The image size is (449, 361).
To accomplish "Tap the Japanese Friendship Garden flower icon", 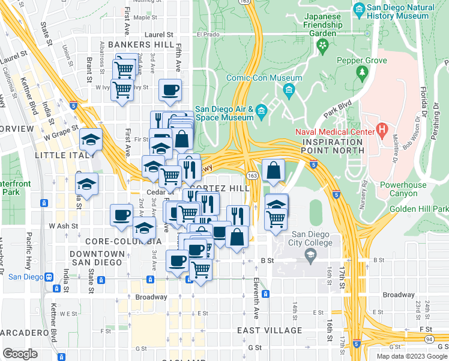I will pos(323,45).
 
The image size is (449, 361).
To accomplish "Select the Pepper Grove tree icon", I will pos(361,73).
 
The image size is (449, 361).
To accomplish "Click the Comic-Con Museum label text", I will pos(264,78).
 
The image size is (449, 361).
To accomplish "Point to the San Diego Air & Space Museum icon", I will pos(261,111).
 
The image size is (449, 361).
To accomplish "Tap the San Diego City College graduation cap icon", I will pos(310,258).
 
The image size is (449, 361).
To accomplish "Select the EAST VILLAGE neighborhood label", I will pos(270,330).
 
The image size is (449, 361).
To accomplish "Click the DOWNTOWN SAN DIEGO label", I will pos(97,258).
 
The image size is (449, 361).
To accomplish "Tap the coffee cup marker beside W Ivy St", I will pos(169,90).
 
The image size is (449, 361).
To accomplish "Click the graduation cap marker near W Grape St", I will pos(91,140).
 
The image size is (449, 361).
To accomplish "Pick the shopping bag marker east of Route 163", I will pos(274,170).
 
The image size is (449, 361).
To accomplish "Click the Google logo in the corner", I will pos(20,354).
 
